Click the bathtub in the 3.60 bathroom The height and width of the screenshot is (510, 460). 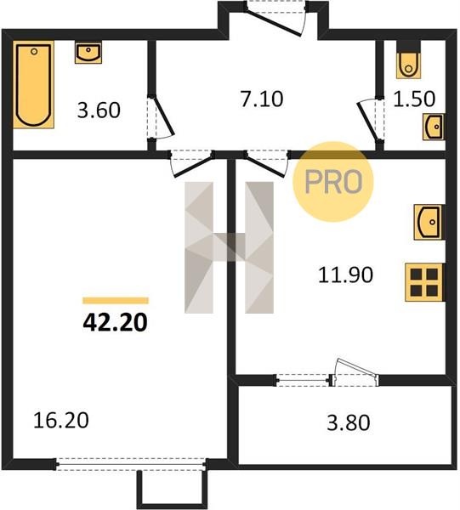point(33,84)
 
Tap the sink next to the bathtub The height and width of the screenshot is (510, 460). point(88,53)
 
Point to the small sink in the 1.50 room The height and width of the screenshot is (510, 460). point(434,127)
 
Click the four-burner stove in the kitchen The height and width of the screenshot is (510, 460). point(424,282)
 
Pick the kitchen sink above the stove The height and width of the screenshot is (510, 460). point(429,222)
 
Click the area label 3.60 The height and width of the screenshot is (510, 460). point(99,110)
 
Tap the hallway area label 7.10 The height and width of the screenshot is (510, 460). point(262,99)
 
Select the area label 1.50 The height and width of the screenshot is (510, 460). point(414,99)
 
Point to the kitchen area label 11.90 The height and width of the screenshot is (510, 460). point(345,275)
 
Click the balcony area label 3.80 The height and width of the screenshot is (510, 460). point(349,423)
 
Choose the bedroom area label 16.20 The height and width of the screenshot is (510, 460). point(61,420)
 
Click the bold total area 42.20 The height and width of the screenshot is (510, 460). point(115,323)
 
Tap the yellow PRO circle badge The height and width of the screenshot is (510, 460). point(333,182)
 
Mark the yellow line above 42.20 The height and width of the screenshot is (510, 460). point(116,301)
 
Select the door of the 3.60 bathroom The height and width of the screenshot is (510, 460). point(161,117)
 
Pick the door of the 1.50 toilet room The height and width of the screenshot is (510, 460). point(370,120)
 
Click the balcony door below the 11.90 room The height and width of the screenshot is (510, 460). point(355,373)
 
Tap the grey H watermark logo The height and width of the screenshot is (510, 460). point(229,247)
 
